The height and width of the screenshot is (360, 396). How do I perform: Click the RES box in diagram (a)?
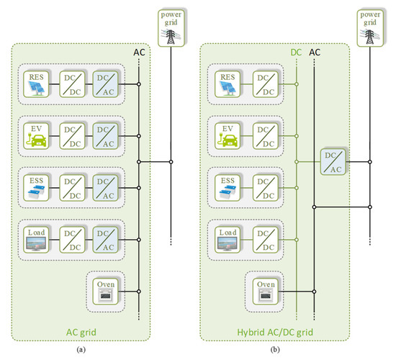(x=35, y=84)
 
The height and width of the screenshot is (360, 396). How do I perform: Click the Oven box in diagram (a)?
(x=105, y=290)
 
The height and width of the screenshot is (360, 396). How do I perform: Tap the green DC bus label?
(x=296, y=52)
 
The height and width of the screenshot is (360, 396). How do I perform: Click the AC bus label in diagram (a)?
(x=140, y=52)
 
